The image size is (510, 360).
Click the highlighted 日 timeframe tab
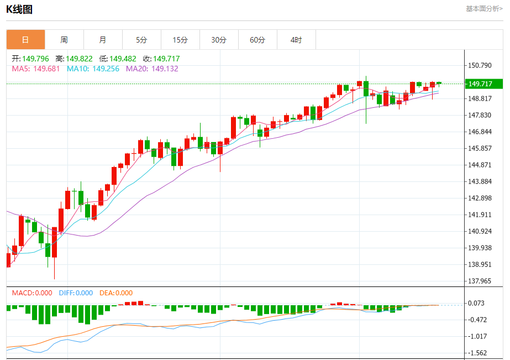25,40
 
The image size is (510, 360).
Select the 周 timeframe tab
64,40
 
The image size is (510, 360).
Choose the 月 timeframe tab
103,40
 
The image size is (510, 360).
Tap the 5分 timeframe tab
141,40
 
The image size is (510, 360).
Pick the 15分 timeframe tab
180,40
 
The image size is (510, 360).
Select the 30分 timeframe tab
219,40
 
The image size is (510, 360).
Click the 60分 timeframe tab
257,40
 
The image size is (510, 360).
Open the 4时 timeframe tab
296,40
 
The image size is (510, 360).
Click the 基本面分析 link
484,9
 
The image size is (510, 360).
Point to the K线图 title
19,9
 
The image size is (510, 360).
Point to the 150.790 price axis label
479,65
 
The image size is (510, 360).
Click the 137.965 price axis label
479,281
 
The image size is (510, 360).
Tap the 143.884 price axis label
479,181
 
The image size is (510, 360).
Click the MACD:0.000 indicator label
32,293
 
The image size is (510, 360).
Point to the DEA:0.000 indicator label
116,293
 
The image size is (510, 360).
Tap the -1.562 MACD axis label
477,353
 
